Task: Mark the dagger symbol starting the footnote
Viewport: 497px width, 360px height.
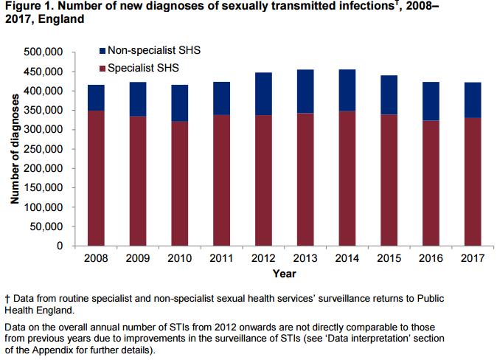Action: (6, 300)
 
